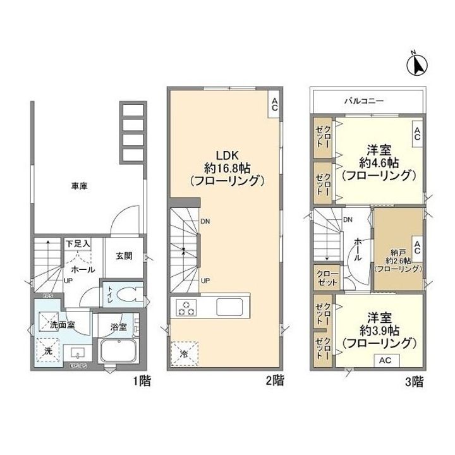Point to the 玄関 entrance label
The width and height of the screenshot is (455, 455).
[x=124, y=256]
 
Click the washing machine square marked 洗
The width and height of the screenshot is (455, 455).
[x=47, y=351]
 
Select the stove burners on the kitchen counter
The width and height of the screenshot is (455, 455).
[x=186, y=308]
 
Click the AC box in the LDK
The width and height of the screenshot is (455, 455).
[x=275, y=105]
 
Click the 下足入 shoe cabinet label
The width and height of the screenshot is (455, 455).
[x=78, y=243]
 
